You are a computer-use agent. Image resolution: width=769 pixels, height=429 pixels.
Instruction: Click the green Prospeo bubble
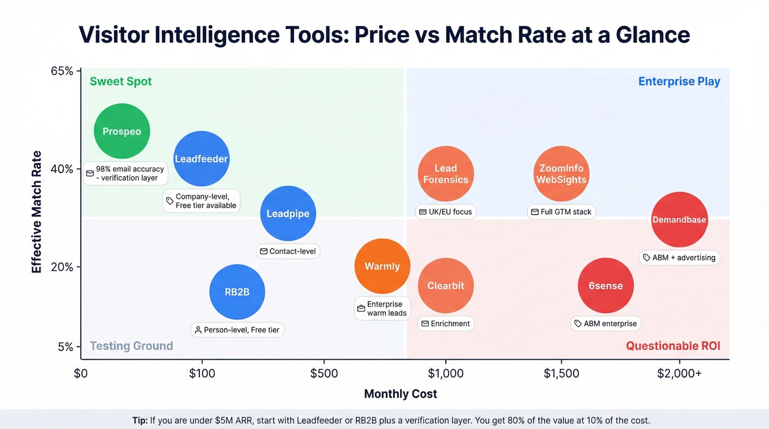122,131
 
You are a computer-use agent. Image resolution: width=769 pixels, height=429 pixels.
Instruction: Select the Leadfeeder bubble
202,159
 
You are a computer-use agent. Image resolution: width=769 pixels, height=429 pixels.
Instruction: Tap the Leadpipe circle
288,214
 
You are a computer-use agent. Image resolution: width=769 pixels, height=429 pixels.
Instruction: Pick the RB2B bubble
237,292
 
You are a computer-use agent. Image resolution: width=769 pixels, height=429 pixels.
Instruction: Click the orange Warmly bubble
382,266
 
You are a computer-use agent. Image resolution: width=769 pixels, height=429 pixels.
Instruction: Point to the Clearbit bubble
445,286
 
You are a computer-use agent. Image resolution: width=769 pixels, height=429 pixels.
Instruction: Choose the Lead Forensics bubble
445,174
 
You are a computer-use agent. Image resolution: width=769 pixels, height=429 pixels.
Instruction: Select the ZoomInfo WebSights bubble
561,174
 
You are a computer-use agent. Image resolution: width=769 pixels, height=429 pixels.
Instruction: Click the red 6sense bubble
605,286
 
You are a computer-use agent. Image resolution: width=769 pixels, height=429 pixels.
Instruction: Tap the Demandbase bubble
679,220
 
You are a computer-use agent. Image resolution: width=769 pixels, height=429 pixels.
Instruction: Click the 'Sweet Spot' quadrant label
121,82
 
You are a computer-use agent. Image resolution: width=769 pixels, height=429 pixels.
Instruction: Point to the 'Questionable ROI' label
673,346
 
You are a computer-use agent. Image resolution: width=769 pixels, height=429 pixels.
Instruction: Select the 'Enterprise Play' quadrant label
679,82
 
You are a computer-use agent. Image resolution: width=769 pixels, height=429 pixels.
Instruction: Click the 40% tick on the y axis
62,169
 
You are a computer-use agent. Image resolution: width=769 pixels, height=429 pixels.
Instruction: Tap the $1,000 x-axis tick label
445,374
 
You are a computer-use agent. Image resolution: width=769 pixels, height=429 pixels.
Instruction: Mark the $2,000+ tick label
679,374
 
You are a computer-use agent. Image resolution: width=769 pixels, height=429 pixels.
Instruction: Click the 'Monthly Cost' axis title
401,394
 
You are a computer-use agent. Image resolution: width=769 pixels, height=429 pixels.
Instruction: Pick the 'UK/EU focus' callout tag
445,211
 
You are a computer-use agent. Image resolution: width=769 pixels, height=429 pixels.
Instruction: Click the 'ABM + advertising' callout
679,257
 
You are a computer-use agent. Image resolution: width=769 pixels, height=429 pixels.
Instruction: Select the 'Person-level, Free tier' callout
237,330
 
